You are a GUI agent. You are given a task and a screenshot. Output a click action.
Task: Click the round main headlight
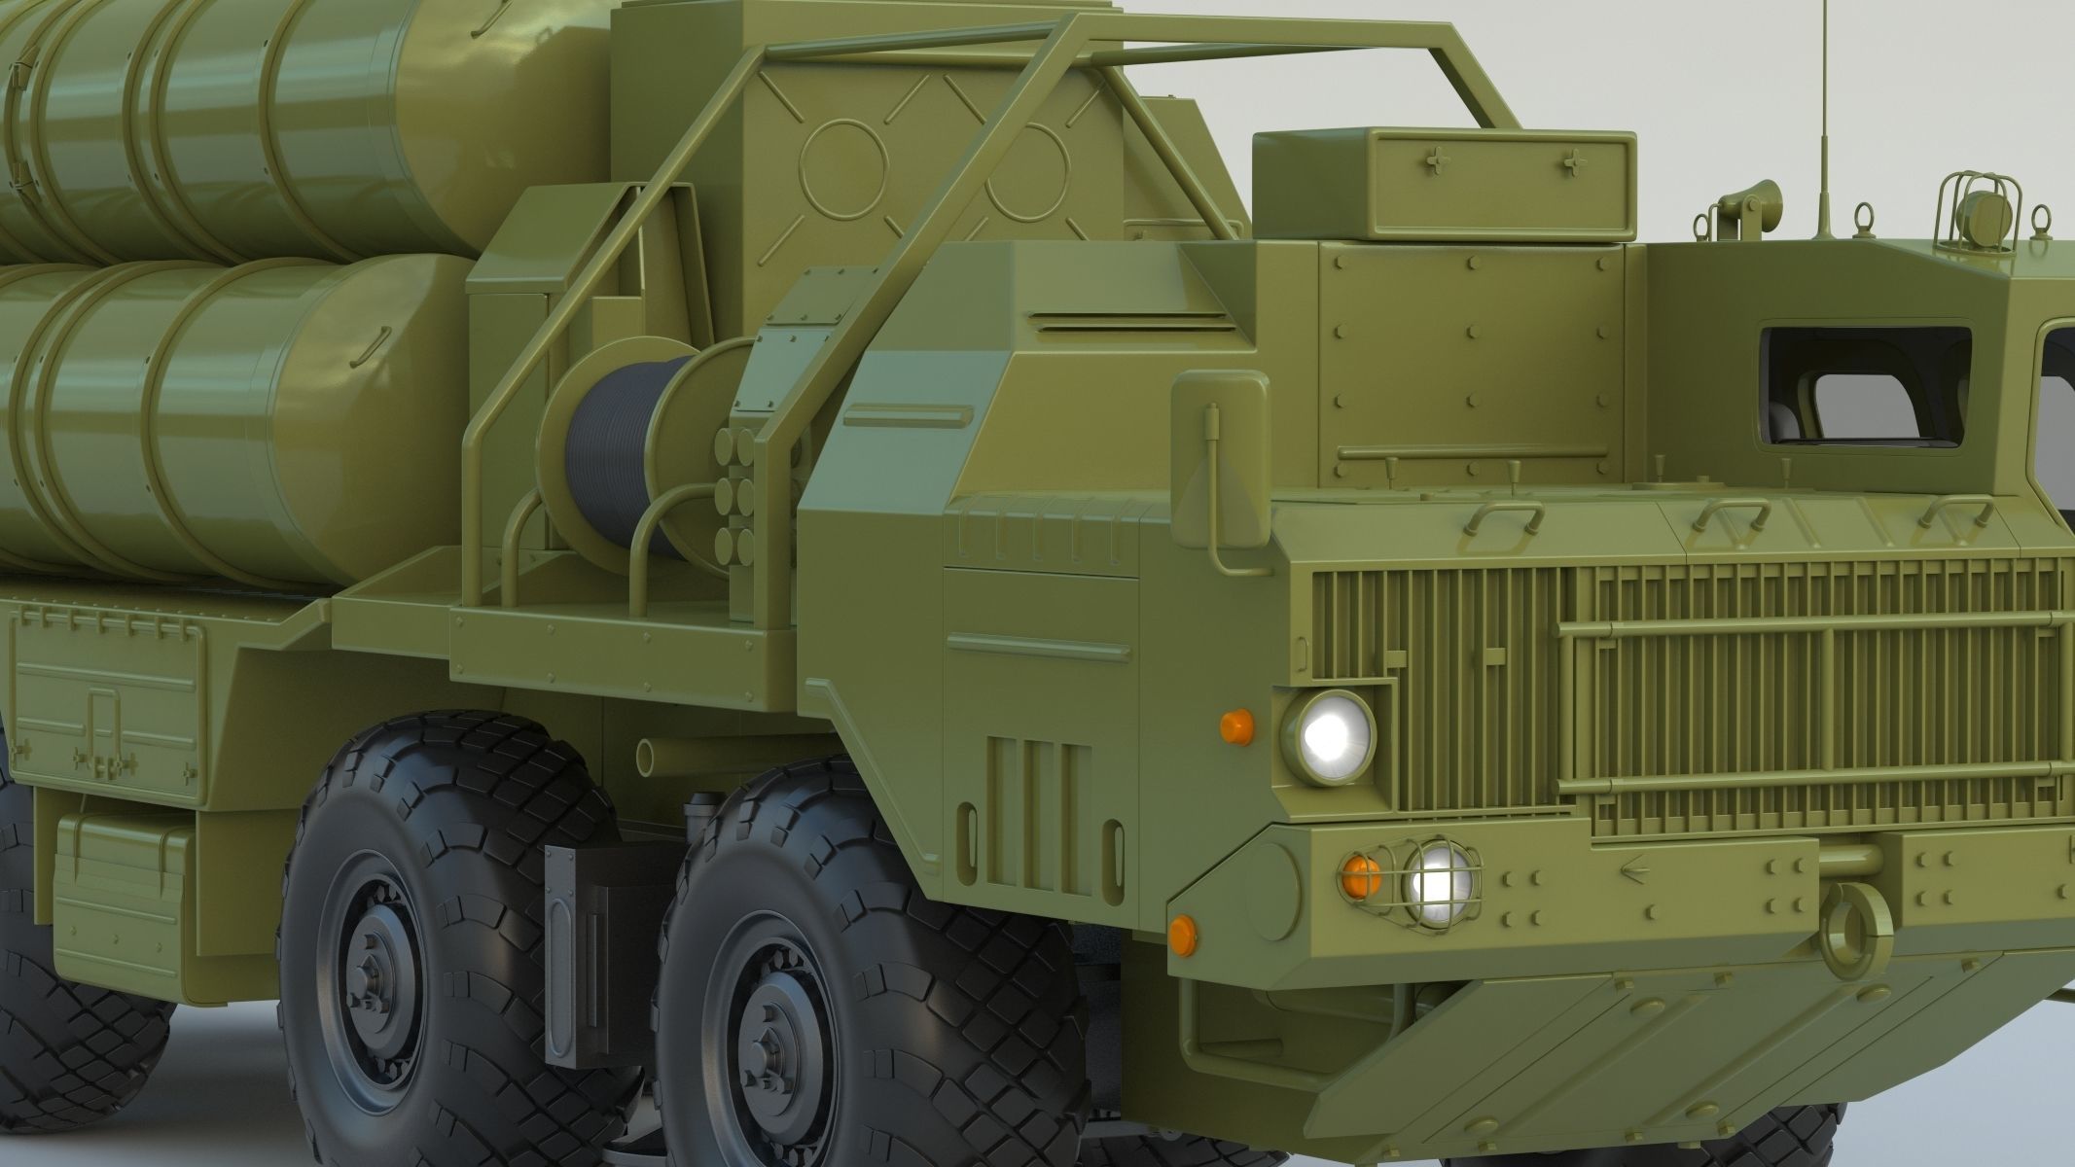click(x=1329, y=736)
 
